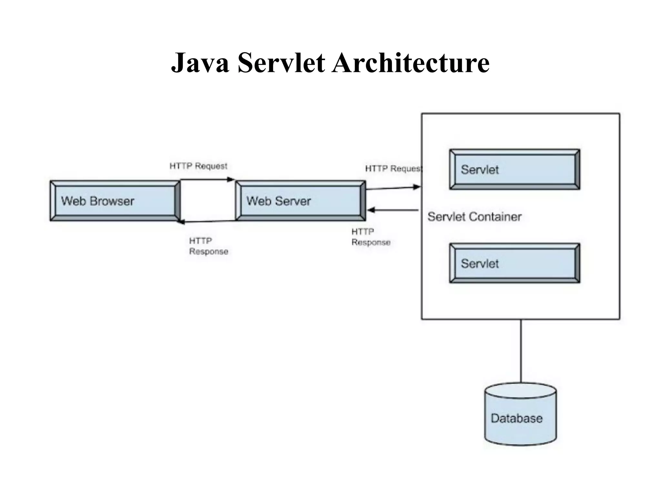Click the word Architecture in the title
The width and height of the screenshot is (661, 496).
tap(411, 63)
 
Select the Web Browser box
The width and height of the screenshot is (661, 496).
tap(115, 201)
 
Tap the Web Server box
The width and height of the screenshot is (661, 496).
tap(300, 201)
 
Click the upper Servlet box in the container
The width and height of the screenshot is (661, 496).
tap(514, 169)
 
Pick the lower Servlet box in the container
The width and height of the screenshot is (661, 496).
tap(514, 263)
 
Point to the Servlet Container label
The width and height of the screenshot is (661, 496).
tap(474, 217)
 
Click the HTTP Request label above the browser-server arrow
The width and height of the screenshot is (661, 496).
tap(198, 166)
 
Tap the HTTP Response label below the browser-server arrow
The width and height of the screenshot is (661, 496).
tap(208, 246)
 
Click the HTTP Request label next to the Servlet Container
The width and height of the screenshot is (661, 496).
tap(393, 169)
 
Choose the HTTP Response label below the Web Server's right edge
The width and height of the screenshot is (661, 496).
tap(371, 237)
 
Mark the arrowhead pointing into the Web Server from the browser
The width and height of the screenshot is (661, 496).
tap(231, 180)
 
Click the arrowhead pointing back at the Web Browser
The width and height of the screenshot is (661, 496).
tap(182, 222)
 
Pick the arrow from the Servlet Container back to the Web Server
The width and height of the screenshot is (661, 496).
tap(393, 210)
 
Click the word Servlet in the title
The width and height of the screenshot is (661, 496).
tap(281, 63)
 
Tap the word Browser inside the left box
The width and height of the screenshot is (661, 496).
tap(112, 201)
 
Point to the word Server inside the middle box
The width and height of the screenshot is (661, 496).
tap(293, 201)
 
